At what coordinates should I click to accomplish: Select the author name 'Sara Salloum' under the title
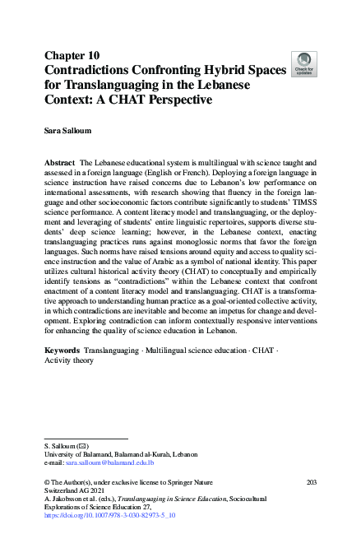70,130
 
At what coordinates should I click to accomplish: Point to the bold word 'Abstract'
62,164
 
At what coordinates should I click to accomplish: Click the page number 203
310,481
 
